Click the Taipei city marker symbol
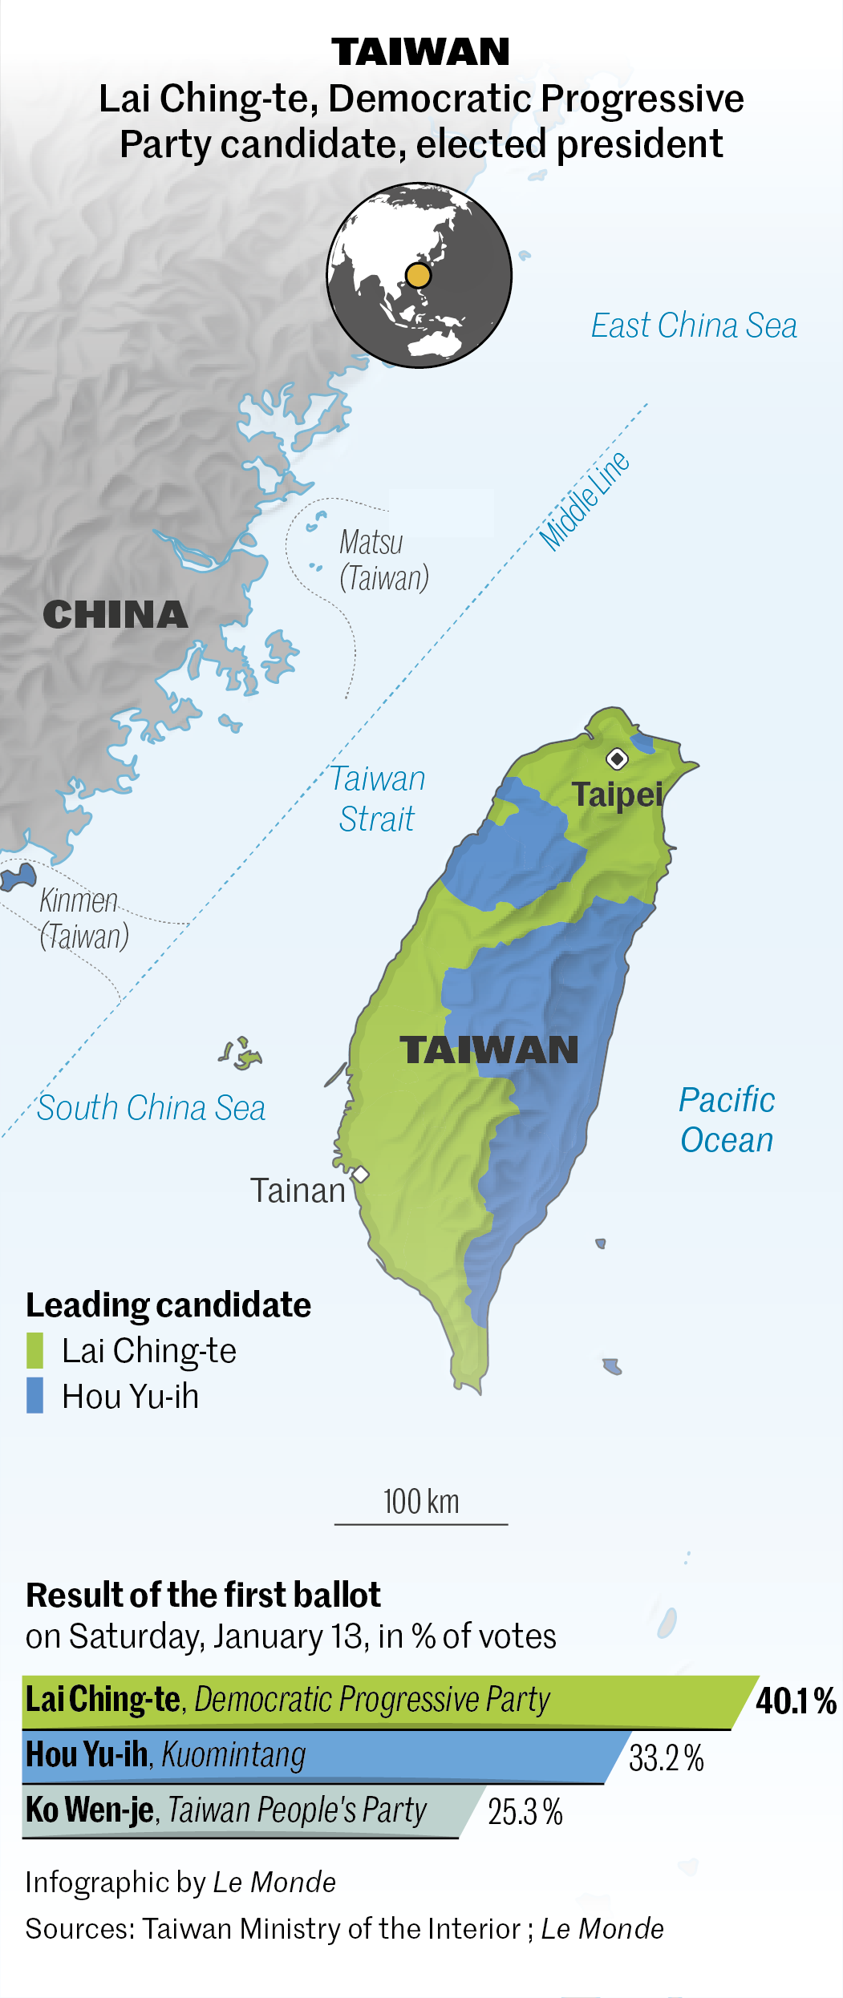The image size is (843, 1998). (616, 758)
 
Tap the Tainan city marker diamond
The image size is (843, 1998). (361, 1175)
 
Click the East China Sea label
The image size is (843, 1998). (694, 326)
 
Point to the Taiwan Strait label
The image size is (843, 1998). (377, 799)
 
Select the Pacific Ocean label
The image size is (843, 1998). (727, 1119)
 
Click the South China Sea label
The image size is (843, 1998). (151, 1108)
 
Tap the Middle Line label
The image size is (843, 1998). (584, 501)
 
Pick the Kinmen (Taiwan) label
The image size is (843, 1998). (83, 918)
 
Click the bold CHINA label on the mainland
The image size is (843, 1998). (116, 615)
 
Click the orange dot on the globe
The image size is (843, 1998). (418, 275)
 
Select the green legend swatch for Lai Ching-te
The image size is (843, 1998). (34, 1350)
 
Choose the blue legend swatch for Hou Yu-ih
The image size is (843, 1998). (34, 1395)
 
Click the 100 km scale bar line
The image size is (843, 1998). (421, 1523)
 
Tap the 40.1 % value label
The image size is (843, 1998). (796, 1701)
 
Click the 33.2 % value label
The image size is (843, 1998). (666, 1757)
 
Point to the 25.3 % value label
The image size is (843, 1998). (525, 1811)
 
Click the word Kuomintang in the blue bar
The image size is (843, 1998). (233, 1755)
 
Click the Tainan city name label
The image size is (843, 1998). (298, 1191)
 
